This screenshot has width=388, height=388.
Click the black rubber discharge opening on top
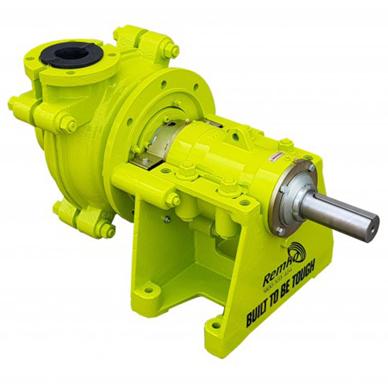click(65, 54)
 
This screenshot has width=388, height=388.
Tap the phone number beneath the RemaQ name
click(278, 288)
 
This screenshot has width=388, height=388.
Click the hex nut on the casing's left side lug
click(68, 124)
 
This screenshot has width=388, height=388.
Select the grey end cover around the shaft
click(293, 197)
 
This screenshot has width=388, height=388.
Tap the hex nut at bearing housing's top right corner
click(286, 144)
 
